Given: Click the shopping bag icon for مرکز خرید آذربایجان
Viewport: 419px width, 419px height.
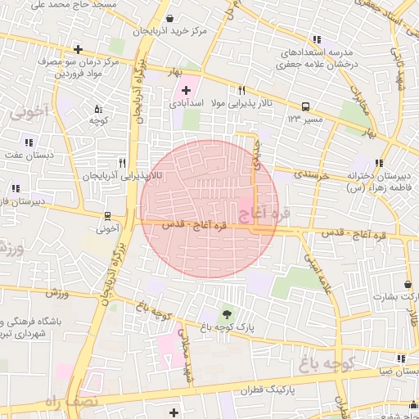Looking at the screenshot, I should click(x=169, y=18).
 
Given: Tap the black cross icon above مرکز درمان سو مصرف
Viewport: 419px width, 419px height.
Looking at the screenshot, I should click(x=78, y=49).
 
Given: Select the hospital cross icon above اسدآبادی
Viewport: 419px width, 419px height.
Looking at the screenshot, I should click(x=184, y=89).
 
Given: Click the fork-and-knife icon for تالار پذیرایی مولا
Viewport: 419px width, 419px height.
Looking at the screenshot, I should click(x=241, y=91).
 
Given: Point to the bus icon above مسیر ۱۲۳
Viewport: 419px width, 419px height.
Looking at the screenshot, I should click(x=306, y=106).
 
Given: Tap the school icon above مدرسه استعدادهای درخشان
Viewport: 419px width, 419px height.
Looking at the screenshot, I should click(x=317, y=39).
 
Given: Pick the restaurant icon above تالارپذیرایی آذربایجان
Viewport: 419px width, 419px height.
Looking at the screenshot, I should click(x=122, y=162).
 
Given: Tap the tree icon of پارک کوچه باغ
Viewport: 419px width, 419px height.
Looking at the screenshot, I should click(x=227, y=314).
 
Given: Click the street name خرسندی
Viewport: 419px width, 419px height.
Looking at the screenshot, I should click(x=312, y=175).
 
